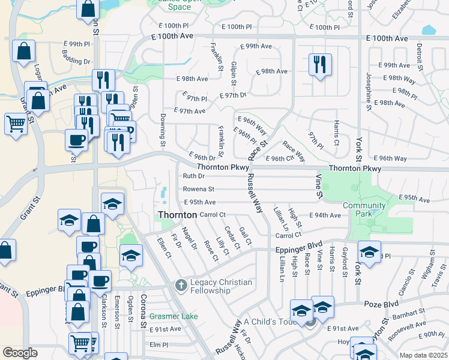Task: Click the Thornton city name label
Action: pyautogui.click(x=177, y=215)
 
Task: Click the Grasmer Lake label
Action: pyautogui.click(x=173, y=316)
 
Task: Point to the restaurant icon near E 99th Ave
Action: pyautogui.click(x=320, y=64)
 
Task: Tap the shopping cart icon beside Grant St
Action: pyautogui.click(x=16, y=124)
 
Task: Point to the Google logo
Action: pyautogui.click(x=20, y=353)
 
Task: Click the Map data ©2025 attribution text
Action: pyautogui.click(x=423, y=355)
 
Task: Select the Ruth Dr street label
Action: pyautogui.click(x=194, y=176)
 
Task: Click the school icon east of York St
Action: pyautogui.click(x=369, y=251)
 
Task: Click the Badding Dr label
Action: pyautogui.click(x=76, y=61)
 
